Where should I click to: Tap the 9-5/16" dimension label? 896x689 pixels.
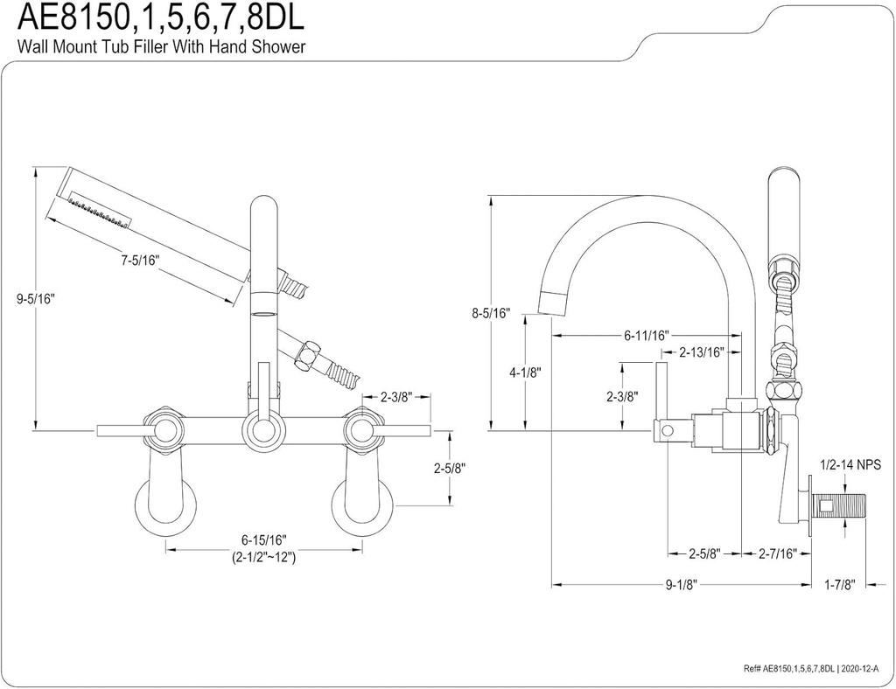click(x=35, y=298)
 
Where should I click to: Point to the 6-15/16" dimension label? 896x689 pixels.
click(x=263, y=539)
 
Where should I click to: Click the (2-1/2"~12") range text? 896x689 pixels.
click(x=263, y=557)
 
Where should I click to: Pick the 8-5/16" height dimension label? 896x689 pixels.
click(x=489, y=312)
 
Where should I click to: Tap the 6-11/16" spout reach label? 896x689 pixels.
click(x=647, y=335)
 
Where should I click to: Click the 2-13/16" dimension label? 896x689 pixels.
click(x=702, y=352)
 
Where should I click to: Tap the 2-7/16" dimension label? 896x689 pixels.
click(x=776, y=553)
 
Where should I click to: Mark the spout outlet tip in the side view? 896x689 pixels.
click(x=553, y=302)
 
